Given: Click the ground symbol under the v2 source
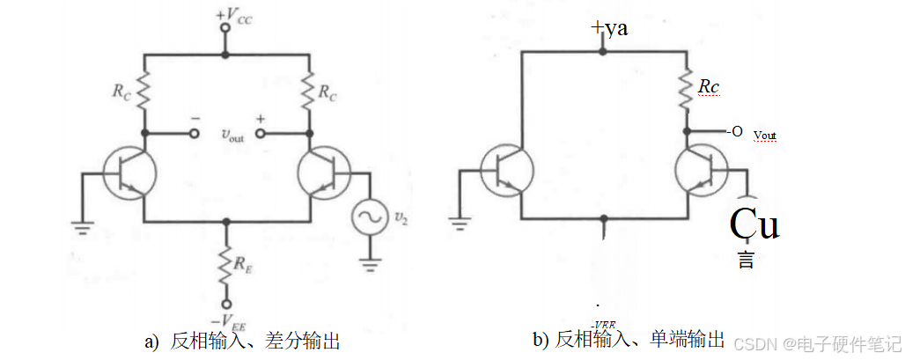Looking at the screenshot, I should coord(367,261).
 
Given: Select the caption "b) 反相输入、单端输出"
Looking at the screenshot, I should coord(629,340).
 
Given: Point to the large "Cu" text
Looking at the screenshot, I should coord(754,225).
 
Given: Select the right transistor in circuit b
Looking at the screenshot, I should coord(702,171).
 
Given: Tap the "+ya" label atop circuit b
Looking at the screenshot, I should coord(609,29).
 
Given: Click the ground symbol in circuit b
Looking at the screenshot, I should coord(459,221).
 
